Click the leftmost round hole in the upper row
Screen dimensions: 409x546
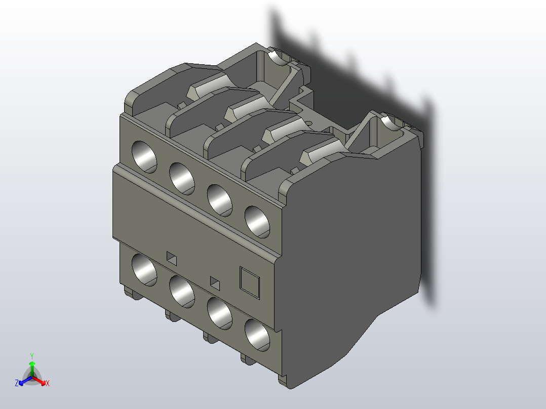(x=144, y=156)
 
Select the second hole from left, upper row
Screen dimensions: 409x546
(x=182, y=178)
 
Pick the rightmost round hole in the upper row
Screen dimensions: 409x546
(x=257, y=221)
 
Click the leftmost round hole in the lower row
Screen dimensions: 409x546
(x=144, y=269)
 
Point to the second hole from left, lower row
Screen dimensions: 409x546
(x=182, y=291)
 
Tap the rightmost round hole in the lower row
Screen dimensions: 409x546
(x=257, y=335)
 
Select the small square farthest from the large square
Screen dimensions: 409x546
(x=172, y=258)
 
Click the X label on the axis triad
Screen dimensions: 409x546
(x=47, y=384)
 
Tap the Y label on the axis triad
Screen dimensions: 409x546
(x=32, y=356)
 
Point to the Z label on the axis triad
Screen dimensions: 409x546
(x=17, y=383)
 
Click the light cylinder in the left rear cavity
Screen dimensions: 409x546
(x=278, y=57)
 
